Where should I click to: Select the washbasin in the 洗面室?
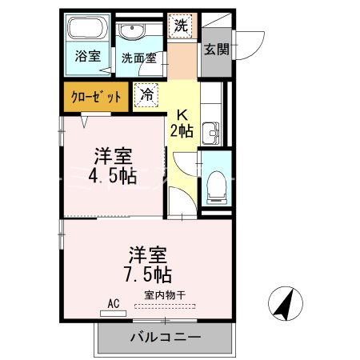tap(132, 32)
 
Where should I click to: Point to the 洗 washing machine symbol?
tap(182, 26)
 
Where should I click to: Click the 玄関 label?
tap(216, 49)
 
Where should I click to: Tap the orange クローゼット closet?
tap(95, 96)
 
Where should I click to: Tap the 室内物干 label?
tap(164, 294)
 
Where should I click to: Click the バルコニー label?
tap(166, 338)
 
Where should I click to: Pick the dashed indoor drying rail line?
tap(166, 305)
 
